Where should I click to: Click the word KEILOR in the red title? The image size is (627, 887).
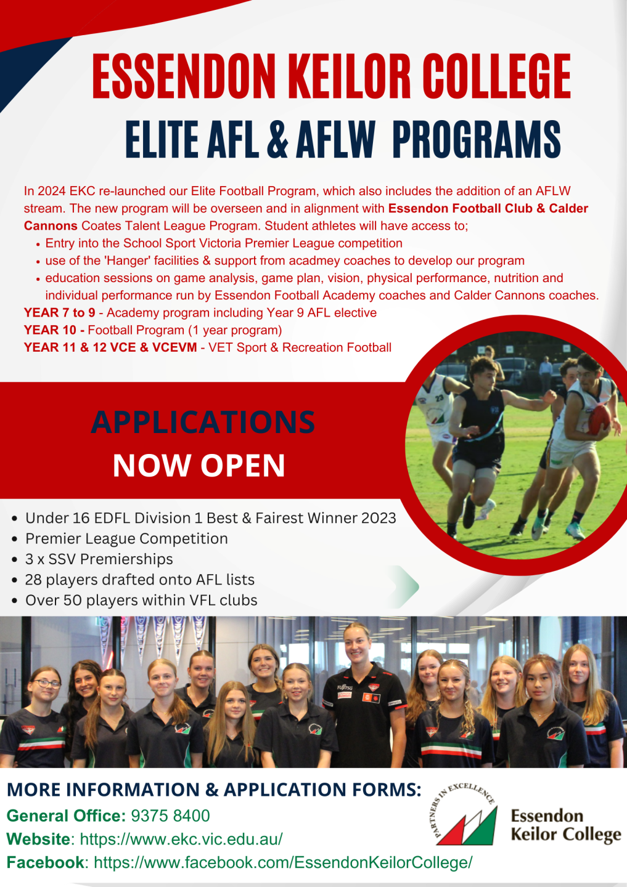coord(351,76)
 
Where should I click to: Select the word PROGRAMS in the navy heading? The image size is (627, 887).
coord(477,139)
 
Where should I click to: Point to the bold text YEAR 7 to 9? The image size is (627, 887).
coord(59,312)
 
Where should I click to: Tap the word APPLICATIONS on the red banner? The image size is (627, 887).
coord(203,422)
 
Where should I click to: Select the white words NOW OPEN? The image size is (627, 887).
coord(199,465)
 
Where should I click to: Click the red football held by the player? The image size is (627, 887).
coord(599,419)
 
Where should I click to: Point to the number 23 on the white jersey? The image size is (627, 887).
coord(439,398)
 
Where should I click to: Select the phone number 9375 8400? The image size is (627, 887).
coord(170,816)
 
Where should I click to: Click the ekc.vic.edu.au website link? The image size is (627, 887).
coord(181,839)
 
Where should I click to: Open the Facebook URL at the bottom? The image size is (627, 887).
coord(284,862)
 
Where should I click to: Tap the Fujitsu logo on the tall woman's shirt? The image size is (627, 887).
coord(345,687)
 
